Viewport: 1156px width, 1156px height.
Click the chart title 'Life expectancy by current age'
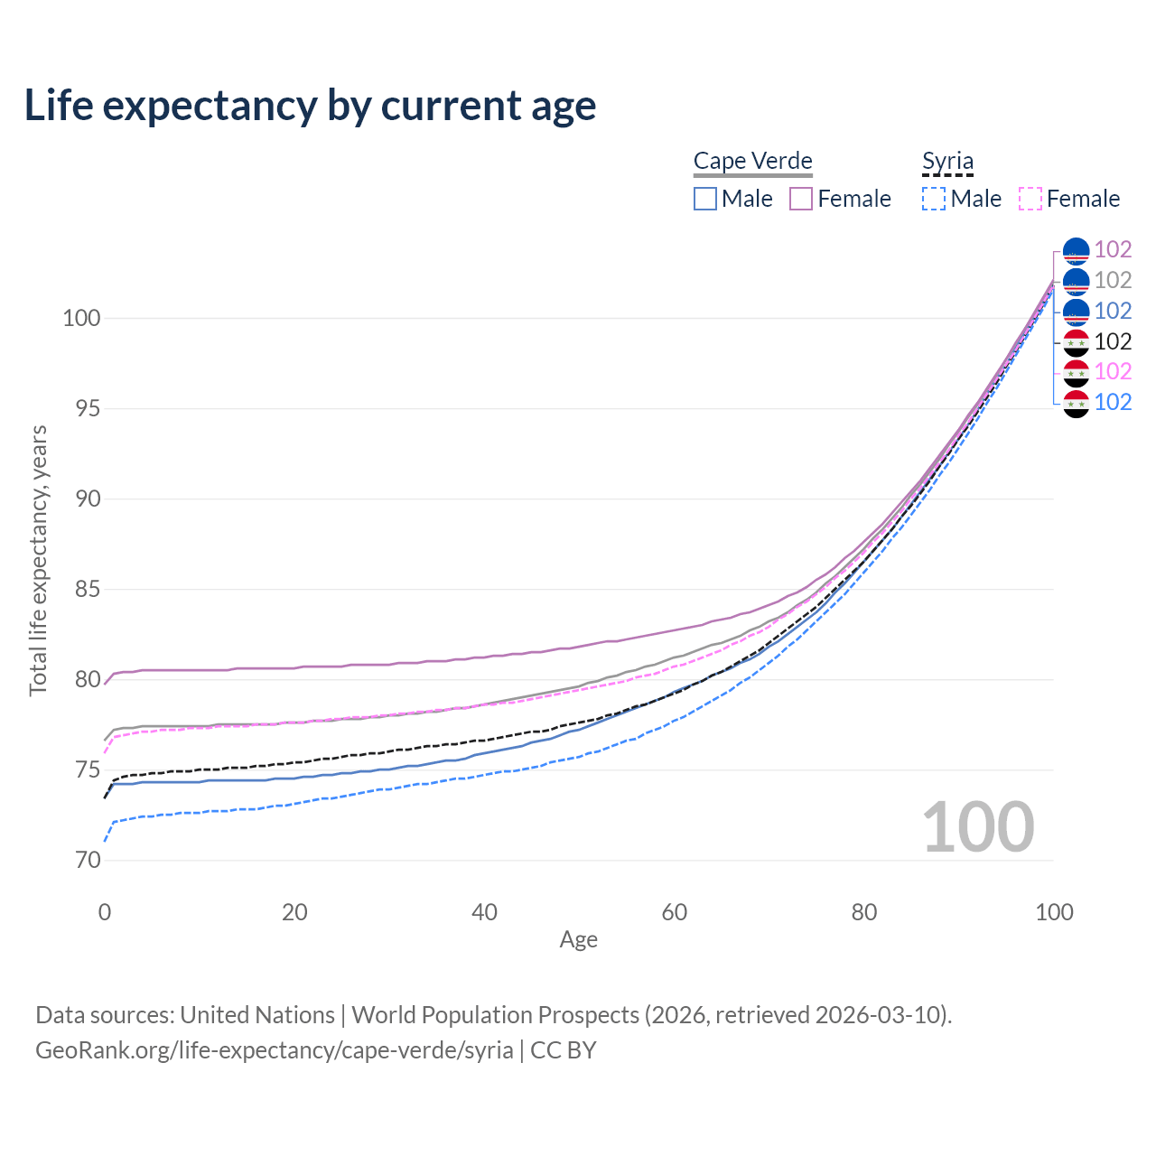(x=310, y=106)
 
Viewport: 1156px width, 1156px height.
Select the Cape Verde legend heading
(x=752, y=161)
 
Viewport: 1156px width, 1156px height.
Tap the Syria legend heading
(x=947, y=161)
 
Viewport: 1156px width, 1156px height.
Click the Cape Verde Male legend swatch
(x=705, y=199)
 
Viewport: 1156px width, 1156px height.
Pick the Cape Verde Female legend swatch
(x=801, y=199)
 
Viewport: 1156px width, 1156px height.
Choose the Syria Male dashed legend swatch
(x=934, y=199)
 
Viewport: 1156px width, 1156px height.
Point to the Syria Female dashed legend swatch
(x=1030, y=199)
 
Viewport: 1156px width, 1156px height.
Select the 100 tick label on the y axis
(x=81, y=319)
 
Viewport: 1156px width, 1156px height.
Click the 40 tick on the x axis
(x=484, y=912)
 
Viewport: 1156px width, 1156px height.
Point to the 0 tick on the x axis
(x=105, y=912)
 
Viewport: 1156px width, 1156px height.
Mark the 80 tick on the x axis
(x=864, y=912)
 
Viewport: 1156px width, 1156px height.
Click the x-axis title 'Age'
(x=578, y=940)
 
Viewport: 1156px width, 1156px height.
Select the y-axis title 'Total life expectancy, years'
(x=38, y=560)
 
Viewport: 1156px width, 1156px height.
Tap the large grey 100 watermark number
(x=978, y=827)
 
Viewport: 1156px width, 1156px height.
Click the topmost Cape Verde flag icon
(x=1076, y=250)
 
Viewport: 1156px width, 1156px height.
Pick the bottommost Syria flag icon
(x=1076, y=403)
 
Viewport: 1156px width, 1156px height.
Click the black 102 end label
(x=1113, y=341)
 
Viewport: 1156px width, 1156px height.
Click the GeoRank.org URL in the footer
(x=274, y=1050)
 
